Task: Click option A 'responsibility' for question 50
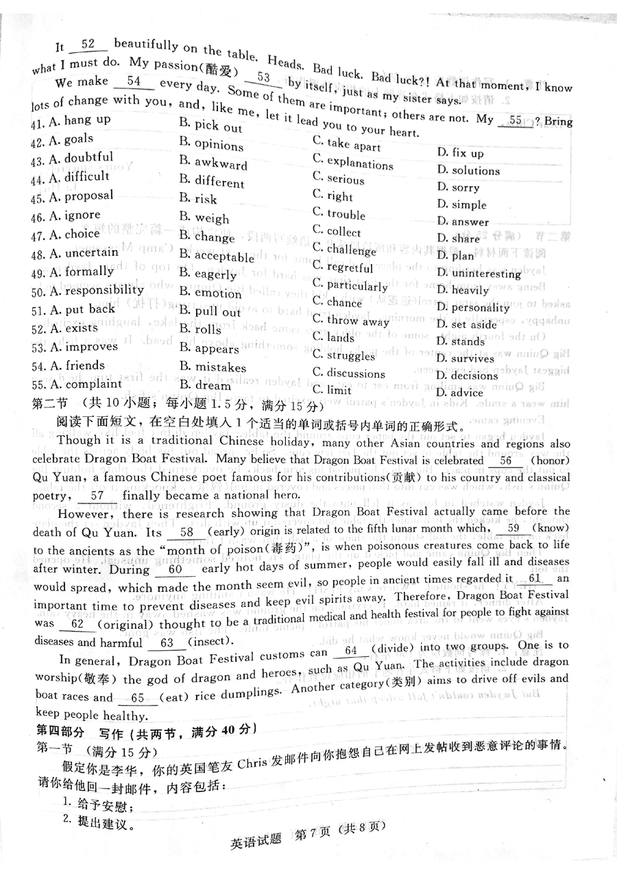(x=95, y=290)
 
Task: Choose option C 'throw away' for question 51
(x=350, y=320)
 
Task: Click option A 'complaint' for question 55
(x=82, y=384)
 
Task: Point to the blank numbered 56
(x=506, y=461)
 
